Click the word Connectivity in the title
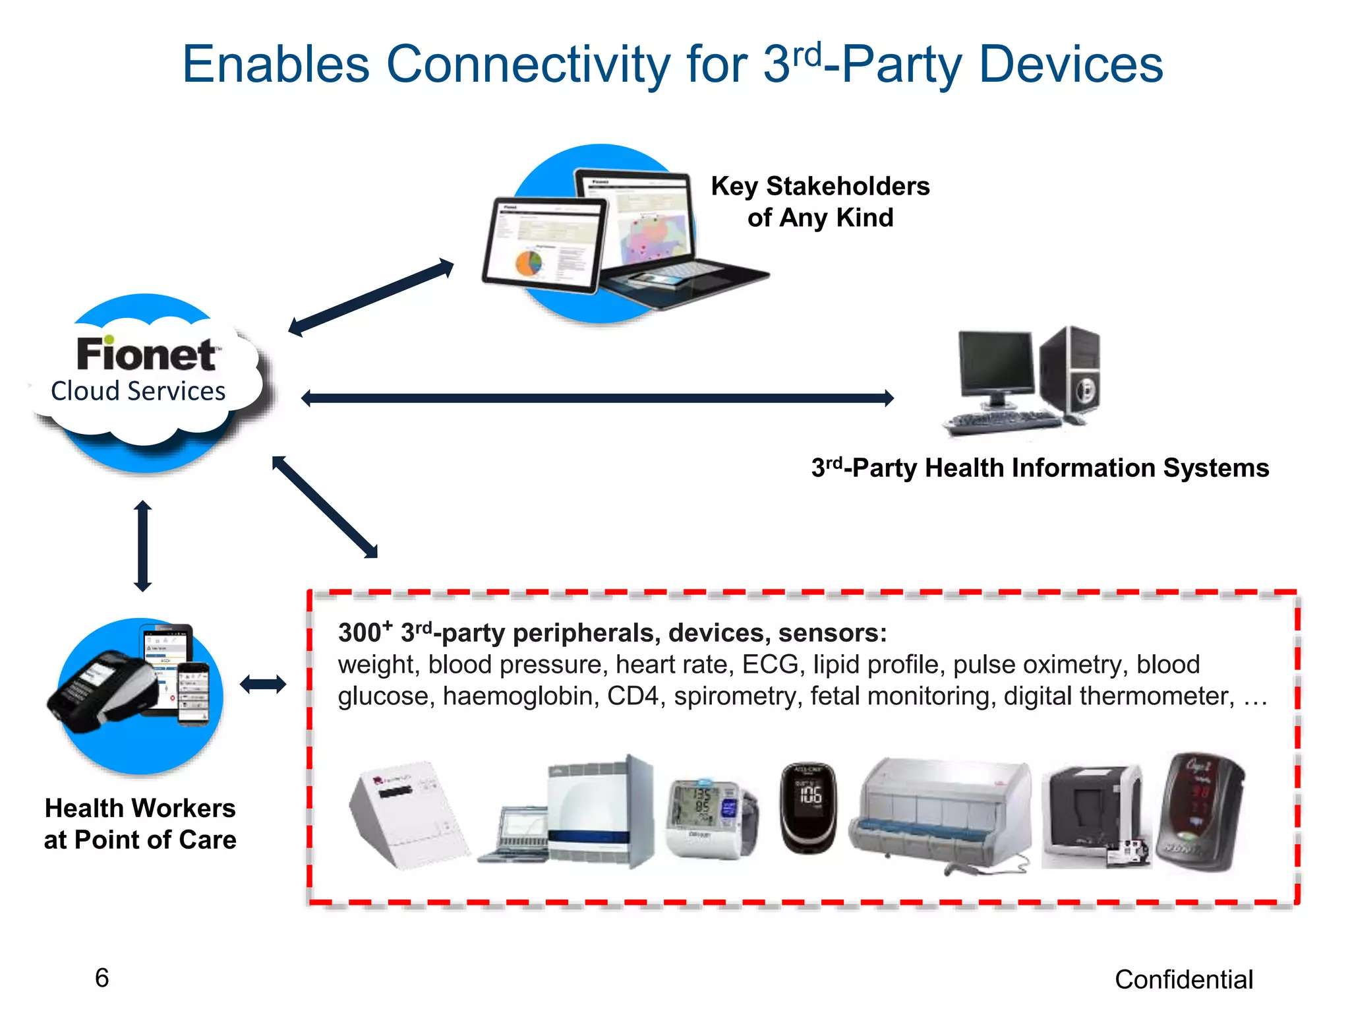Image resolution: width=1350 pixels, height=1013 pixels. click(x=528, y=65)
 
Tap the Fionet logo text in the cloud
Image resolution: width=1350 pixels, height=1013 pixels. click(x=146, y=354)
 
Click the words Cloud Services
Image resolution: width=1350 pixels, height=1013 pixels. click(x=138, y=391)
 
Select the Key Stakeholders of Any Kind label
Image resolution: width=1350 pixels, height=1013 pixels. click(x=820, y=202)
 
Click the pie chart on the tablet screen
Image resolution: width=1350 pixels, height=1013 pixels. click(x=528, y=263)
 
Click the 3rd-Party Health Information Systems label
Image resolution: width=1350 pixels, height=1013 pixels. click(x=1040, y=468)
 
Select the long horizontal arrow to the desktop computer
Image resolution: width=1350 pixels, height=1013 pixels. click(x=597, y=398)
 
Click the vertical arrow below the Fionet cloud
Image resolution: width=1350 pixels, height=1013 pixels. click(x=142, y=545)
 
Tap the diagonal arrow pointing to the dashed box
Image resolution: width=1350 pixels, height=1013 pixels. click(x=324, y=506)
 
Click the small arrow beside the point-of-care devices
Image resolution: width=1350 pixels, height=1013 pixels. click(x=263, y=684)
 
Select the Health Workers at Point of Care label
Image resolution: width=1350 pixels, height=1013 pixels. click(x=140, y=824)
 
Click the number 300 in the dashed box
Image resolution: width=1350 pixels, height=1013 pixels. click(x=359, y=633)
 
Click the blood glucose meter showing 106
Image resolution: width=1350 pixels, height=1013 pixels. click(x=808, y=808)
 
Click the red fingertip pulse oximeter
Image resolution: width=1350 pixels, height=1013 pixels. click(x=1200, y=811)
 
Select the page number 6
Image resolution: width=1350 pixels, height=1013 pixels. click(x=102, y=978)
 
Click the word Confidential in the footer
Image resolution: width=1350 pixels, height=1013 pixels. click(x=1183, y=979)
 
